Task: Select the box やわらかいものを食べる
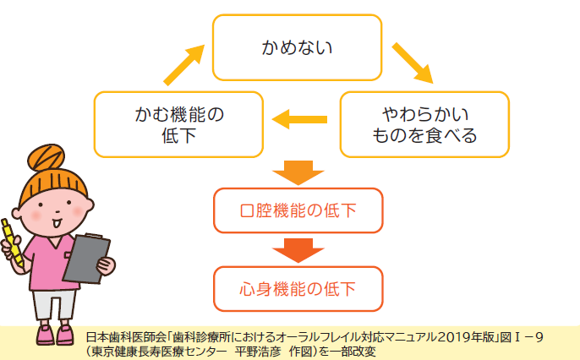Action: [424, 124]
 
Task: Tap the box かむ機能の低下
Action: [178, 124]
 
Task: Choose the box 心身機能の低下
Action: [298, 287]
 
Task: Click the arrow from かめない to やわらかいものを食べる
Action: [412, 63]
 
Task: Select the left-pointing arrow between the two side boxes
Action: [302, 120]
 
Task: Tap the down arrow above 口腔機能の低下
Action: [298, 172]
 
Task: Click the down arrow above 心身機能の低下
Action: [298, 250]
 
